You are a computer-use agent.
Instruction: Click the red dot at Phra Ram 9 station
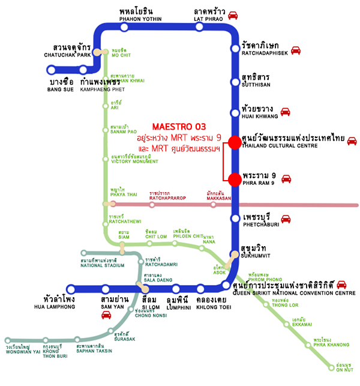coord(235,178)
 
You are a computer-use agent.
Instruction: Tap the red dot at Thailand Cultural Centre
coord(235,142)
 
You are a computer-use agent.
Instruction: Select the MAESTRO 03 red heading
coord(179,127)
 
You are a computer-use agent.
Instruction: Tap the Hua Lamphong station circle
coord(71,288)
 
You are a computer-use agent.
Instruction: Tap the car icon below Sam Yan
coord(106,314)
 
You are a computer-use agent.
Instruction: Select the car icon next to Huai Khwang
coord(286,112)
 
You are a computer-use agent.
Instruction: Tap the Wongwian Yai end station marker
coord(7,340)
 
